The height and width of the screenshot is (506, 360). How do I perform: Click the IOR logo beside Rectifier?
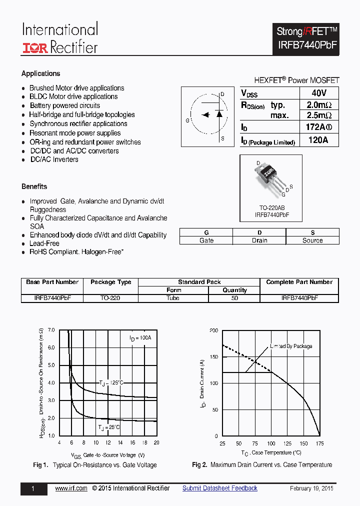(x=34, y=48)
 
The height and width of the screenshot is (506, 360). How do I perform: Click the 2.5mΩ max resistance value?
(x=318, y=115)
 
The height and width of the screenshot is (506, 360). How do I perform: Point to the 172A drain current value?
(x=318, y=127)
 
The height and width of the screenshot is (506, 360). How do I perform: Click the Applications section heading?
(x=40, y=73)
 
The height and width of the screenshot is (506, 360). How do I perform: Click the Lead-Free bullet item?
(x=44, y=243)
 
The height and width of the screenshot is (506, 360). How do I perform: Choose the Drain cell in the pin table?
(x=259, y=240)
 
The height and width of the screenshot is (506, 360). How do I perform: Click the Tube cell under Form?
(x=173, y=298)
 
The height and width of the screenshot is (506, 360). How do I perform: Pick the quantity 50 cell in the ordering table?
(x=234, y=298)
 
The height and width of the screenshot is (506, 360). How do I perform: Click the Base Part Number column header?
(x=52, y=282)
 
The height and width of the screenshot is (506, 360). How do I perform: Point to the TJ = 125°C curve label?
(x=110, y=383)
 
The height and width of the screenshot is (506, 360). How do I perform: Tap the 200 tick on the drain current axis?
(x=213, y=331)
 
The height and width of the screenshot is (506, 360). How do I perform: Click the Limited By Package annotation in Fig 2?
(x=291, y=346)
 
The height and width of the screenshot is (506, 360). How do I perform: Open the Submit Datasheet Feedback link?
(x=219, y=488)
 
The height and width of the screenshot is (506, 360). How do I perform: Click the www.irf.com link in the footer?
(x=71, y=488)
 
